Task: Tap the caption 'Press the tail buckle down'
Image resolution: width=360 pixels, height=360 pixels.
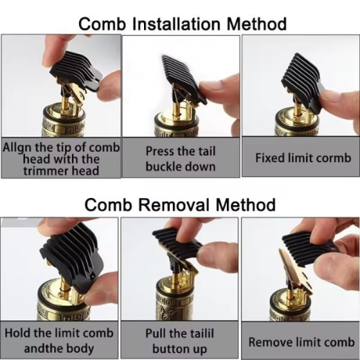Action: pos(180,158)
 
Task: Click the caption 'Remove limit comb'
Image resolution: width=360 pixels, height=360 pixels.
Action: pos(300,341)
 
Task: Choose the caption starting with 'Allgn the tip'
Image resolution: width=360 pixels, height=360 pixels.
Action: pos(60,158)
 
